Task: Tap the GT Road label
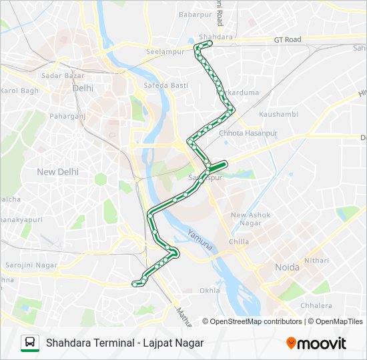pos(288,40)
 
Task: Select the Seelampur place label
pos(165,53)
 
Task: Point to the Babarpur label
pos(195,14)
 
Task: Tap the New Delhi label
pos(57,171)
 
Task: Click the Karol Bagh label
pos(20,91)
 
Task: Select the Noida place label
pos(288,267)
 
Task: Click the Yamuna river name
pos(200,240)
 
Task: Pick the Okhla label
pos(210,291)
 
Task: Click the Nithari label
pos(316,260)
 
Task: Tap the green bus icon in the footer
pos(30,343)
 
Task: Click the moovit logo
pos(316,343)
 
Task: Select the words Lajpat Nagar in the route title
pos(174,343)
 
